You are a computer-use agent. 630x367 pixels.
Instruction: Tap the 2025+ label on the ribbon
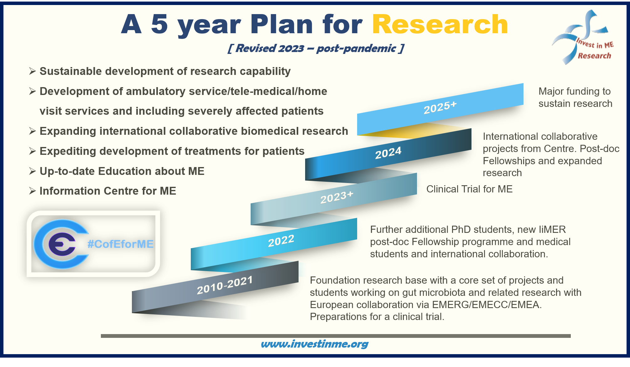click(x=440, y=107)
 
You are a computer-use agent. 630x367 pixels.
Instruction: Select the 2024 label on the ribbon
click(x=388, y=153)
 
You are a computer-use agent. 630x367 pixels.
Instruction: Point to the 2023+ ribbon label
click(x=337, y=197)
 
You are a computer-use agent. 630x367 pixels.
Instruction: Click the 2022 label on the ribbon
click(x=281, y=241)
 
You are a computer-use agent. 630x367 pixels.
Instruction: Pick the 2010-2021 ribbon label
click(x=225, y=285)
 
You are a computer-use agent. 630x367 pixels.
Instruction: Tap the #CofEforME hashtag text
click(x=121, y=244)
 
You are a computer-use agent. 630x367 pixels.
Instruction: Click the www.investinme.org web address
click(x=315, y=344)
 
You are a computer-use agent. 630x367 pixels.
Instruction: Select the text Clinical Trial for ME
click(x=469, y=189)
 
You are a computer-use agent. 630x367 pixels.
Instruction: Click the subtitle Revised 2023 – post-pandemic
click(x=316, y=48)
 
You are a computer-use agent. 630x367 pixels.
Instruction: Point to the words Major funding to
click(x=575, y=91)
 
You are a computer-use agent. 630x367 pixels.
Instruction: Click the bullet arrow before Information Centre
click(x=33, y=191)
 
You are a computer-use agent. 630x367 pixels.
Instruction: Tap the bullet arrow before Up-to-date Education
click(x=33, y=171)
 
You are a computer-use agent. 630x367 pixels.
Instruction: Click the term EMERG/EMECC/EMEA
click(x=487, y=305)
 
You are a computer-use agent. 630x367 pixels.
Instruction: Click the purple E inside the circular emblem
click(x=62, y=244)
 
